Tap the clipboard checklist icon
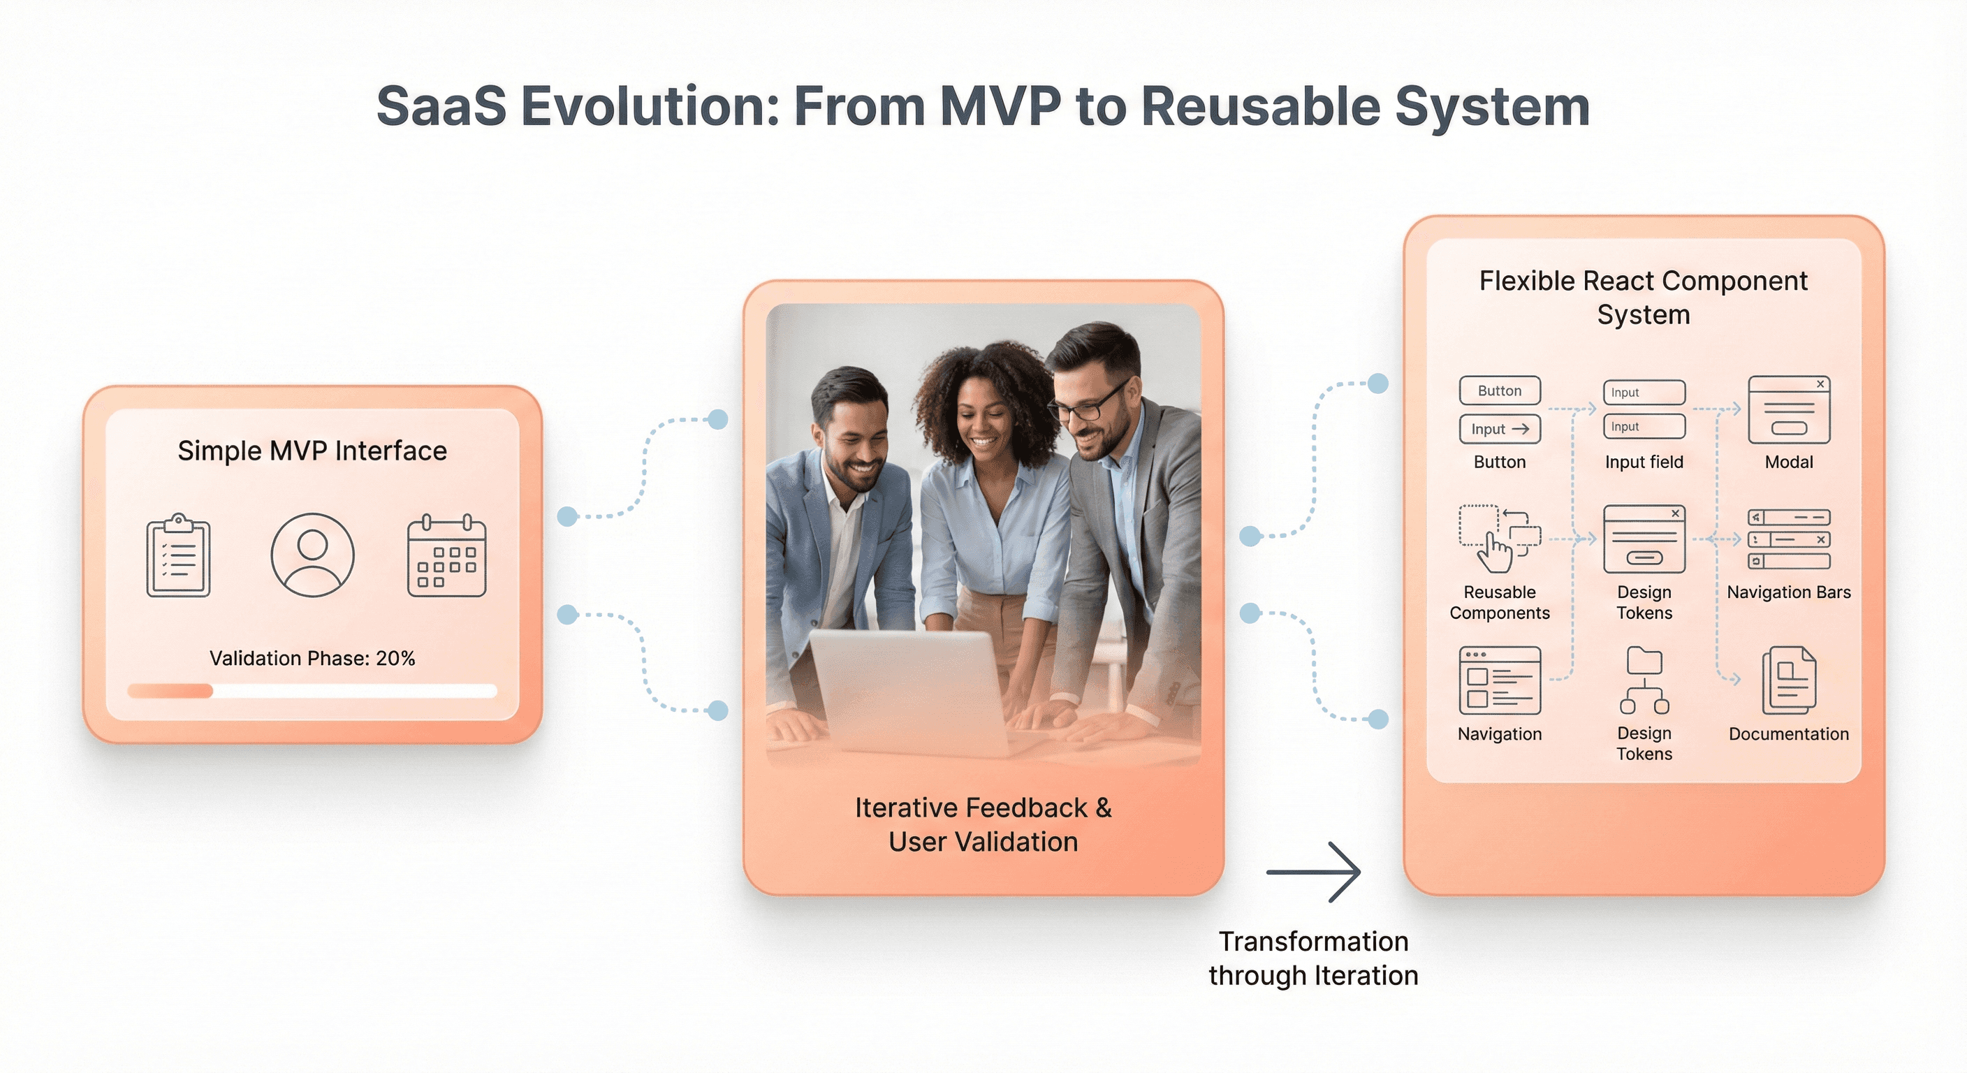tap(178, 555)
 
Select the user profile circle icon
tap(312, 555)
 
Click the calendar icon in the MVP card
tap(447, 556)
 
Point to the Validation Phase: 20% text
tap(312, 658)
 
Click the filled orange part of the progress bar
tap(170, 691)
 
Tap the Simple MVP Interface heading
tap(312, 451)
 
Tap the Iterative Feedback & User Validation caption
tap(983, 825)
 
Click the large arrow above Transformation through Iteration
tap(1313, 872)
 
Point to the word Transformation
tap(1313, 942)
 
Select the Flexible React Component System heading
tap(1643, 298)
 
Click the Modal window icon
tap(1788, 410)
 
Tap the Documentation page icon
tap(1788, 680)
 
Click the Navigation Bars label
tap(1788, 592)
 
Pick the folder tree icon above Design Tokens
tap(1644, 680)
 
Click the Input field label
tap(1644, 462)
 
